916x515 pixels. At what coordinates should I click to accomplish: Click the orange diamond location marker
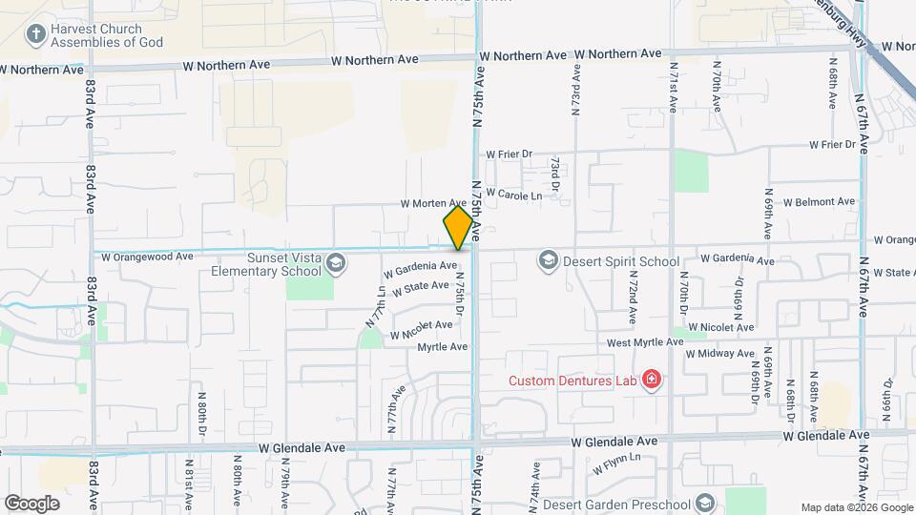pyautogui.click(x=458, y=228)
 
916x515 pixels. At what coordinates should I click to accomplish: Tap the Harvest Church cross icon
pyautogui.click(x=35, y=35)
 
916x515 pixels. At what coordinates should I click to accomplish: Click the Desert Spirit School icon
pyautogui.click(x=548, y=259)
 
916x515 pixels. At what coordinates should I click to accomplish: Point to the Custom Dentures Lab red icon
pyautogui.click(x=652, y=381)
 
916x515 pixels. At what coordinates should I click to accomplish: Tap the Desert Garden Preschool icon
pyautogui.click(x=704, y=503)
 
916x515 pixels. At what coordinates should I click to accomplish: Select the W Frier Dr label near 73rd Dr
pyautogui.click(x=508, y=154)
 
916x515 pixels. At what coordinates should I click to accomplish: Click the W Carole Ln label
pyautogui.click(x=513, y=194)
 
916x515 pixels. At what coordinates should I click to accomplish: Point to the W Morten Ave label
pyautogui.click(x=433, y=203)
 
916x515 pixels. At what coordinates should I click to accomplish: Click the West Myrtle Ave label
pyautogui.click(x=644, y=342)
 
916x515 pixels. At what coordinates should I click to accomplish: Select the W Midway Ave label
pyautogui.click(x=720, y=354)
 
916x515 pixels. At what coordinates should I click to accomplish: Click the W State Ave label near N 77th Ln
pyautogui.click(x=420, y=286)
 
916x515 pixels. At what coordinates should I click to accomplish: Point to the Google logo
pyautogui.click(x=31, y=503)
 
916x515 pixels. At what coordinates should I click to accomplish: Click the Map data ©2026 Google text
pyautogui.click(x=856, y=507)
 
